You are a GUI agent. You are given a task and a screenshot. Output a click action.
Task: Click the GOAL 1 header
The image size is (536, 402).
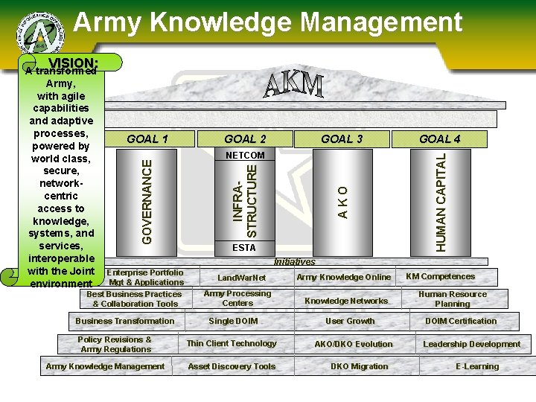147,139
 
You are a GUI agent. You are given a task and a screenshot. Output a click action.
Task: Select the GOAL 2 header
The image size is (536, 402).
245,139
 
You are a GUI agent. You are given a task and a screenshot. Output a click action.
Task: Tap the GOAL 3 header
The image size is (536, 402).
342,139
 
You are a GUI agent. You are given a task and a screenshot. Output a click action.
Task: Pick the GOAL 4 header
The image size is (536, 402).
440,139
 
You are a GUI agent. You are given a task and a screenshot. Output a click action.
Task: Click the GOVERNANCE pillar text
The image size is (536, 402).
148,198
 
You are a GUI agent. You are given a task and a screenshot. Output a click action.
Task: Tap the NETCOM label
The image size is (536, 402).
245,156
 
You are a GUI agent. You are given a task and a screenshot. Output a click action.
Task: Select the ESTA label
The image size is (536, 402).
244,247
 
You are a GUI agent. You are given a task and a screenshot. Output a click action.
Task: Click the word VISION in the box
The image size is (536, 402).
73,63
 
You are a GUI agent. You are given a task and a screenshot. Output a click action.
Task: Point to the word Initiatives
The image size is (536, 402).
294,261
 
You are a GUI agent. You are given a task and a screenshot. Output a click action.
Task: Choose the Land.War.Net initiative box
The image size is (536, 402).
241,278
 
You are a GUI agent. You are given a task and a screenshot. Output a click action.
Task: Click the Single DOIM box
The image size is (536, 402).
233,321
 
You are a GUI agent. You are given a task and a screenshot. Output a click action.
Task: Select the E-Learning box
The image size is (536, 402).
477,366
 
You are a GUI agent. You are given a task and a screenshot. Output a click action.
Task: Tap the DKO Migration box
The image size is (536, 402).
360,366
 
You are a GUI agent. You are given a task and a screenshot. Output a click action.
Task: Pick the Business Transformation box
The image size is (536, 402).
125,321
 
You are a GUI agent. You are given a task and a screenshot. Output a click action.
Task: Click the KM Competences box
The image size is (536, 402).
440,277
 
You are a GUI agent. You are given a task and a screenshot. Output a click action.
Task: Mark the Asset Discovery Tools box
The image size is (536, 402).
232,366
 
